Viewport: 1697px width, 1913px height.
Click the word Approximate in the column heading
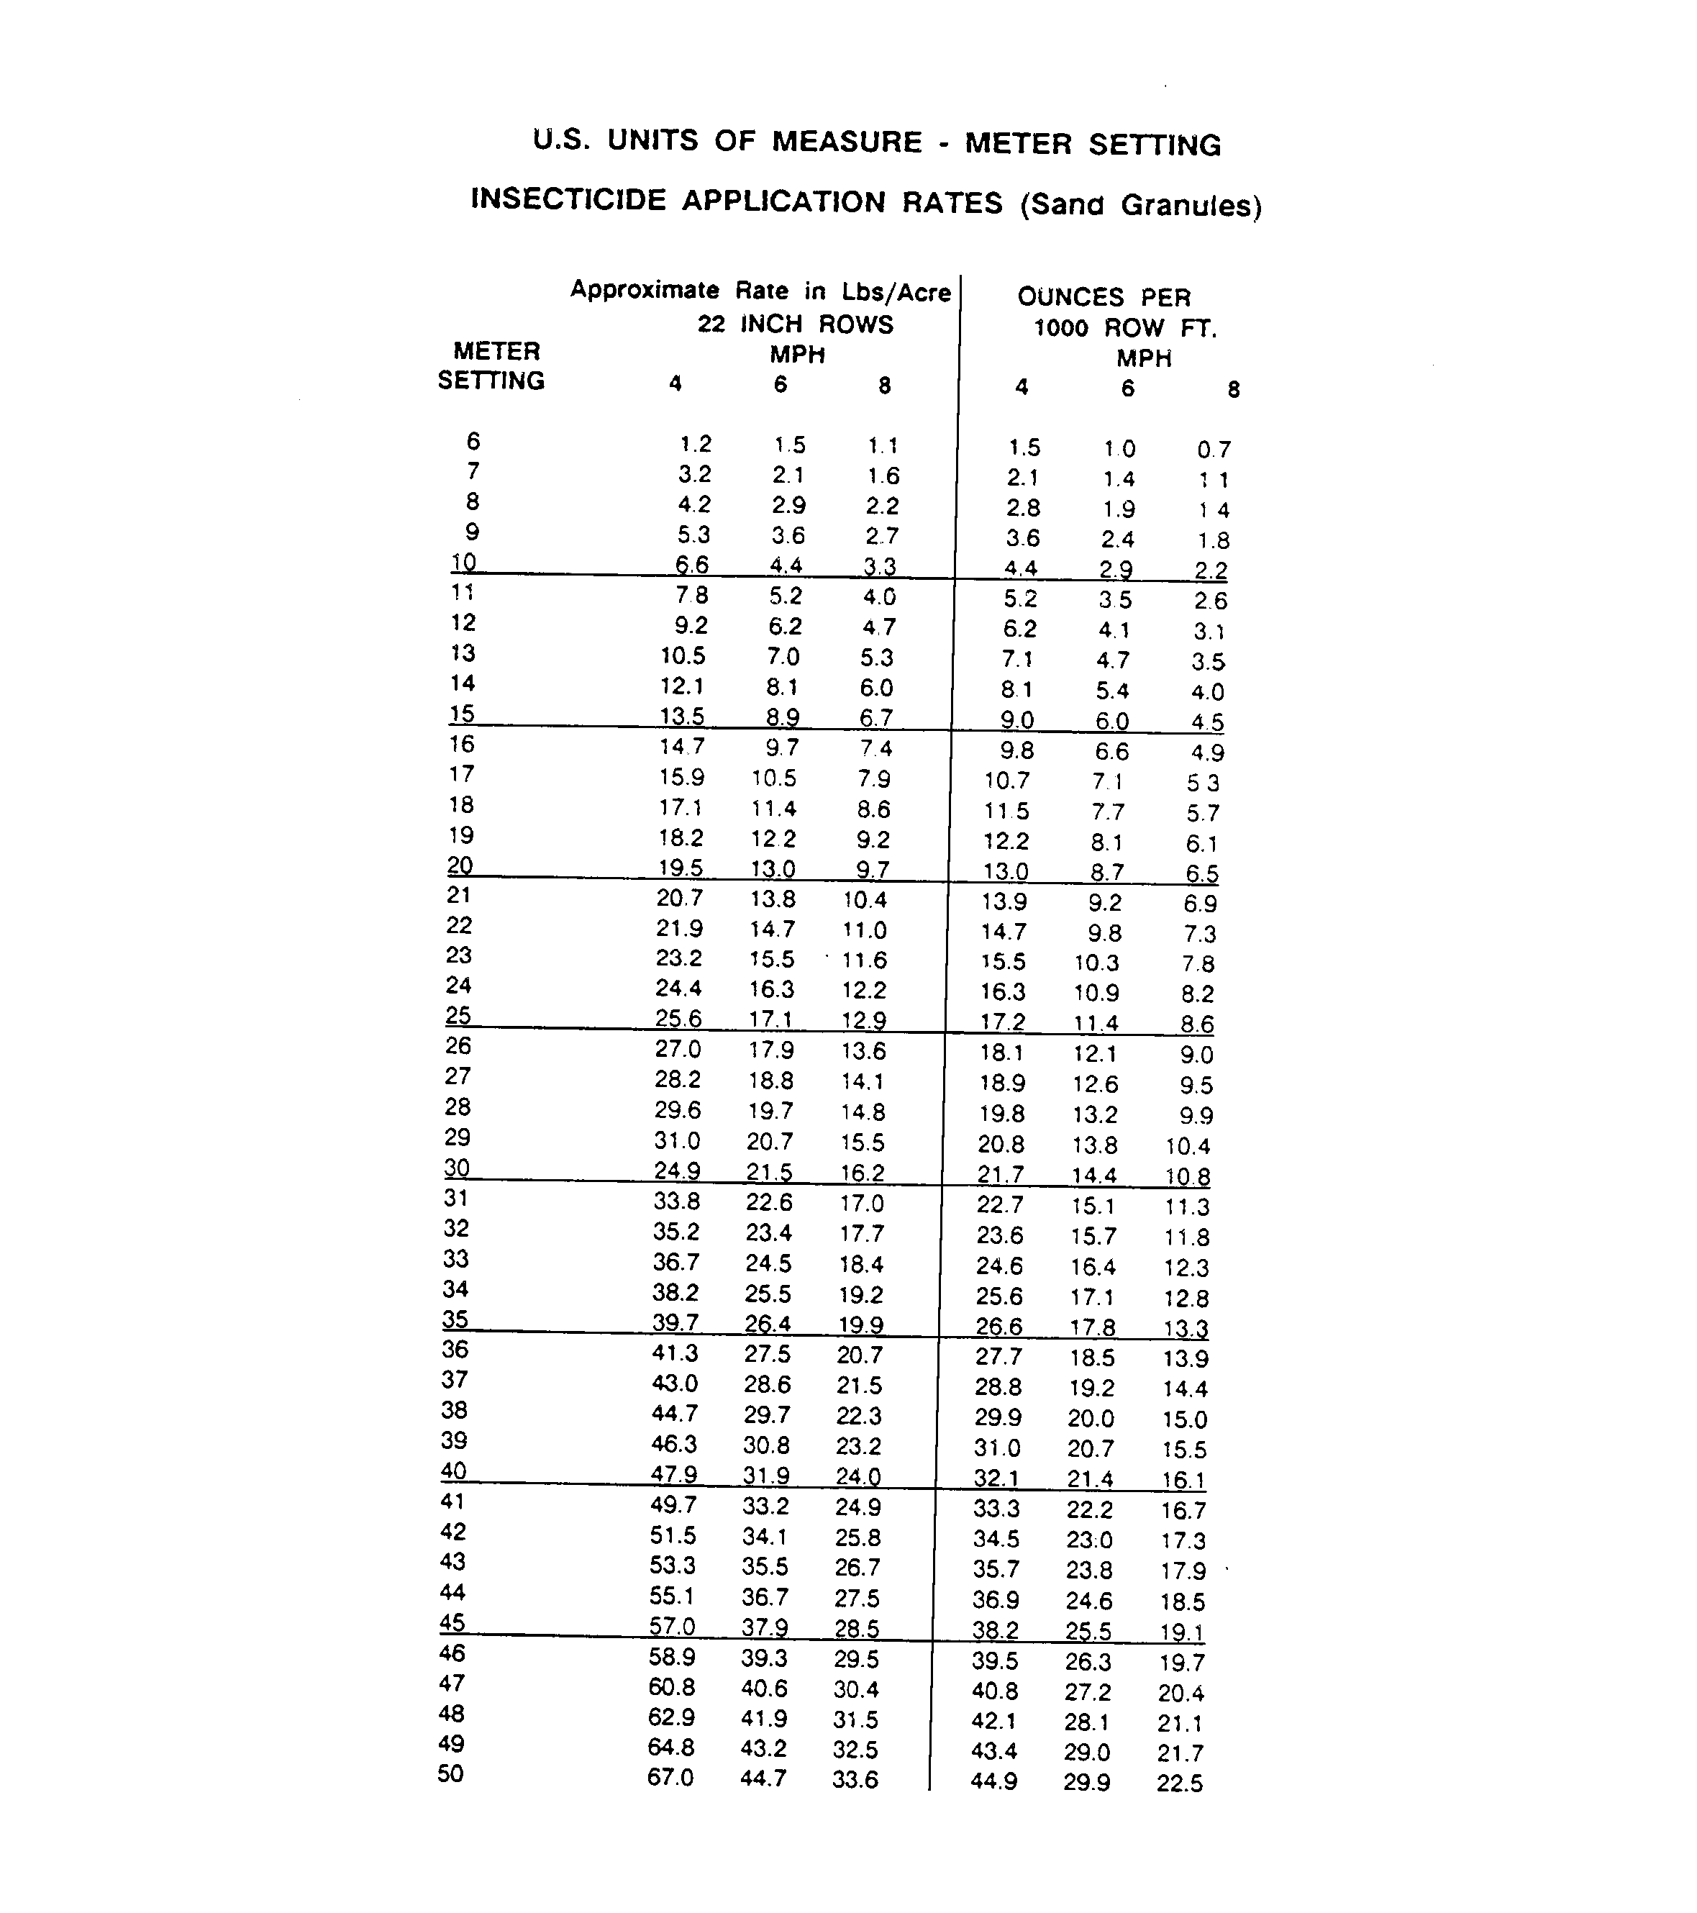tap(645, 289)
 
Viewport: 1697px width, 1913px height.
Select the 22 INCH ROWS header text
tap(795, 324)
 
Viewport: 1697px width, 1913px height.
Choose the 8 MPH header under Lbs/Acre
tap(885, 386)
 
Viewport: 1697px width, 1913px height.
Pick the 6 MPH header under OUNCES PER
tap(1127, 388)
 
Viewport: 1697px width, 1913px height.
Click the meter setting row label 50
tap(450, 1773)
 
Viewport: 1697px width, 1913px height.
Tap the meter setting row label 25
tap(458, 1015)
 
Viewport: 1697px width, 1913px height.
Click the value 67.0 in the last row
tap(670, 1776)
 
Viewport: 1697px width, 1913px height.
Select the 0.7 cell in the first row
tap(1214, 450)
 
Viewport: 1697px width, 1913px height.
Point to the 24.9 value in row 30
tap(678, 1171)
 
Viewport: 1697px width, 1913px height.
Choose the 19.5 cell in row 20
tap(681, 868)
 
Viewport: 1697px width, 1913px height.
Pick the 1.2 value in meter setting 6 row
tap(696, 445)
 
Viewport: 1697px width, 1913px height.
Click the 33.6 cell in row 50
tap(855, 1779)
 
